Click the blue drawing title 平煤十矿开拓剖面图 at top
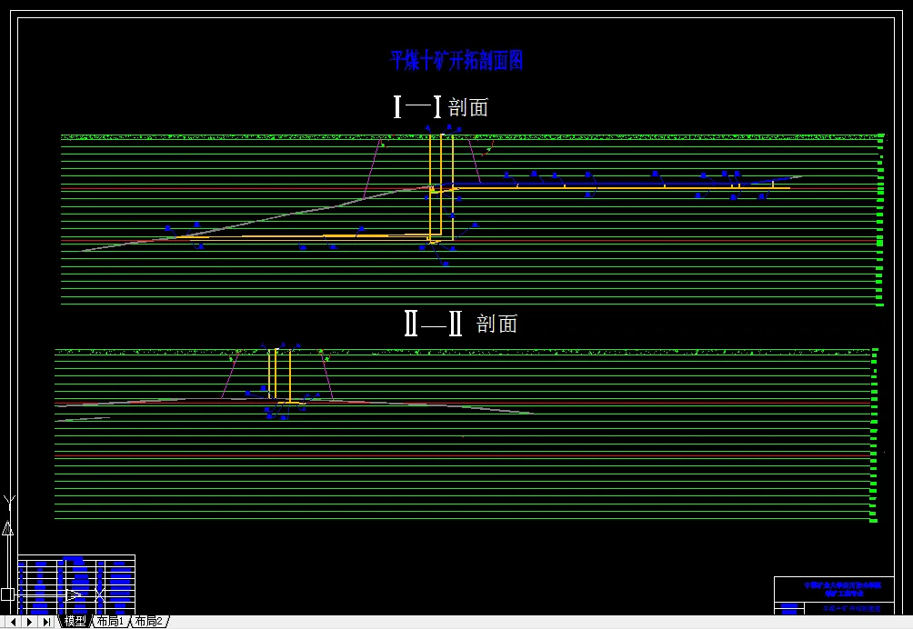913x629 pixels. pos(456,61)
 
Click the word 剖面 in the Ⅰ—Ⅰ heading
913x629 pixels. pos(468,107)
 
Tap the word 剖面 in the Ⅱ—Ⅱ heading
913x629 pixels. pos(497,324)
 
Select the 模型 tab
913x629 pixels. pos(75,621)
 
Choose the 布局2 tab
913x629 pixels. pos(148,621)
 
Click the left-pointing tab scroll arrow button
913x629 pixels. pos(13,622)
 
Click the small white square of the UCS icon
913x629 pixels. pos(7,594)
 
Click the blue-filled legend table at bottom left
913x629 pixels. pos(76,583)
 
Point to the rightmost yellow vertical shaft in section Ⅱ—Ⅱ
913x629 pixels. pos(289,373)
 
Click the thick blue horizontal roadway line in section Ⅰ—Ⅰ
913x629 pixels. pos(618,184)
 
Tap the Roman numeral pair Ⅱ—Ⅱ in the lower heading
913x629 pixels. pos(433,324)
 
